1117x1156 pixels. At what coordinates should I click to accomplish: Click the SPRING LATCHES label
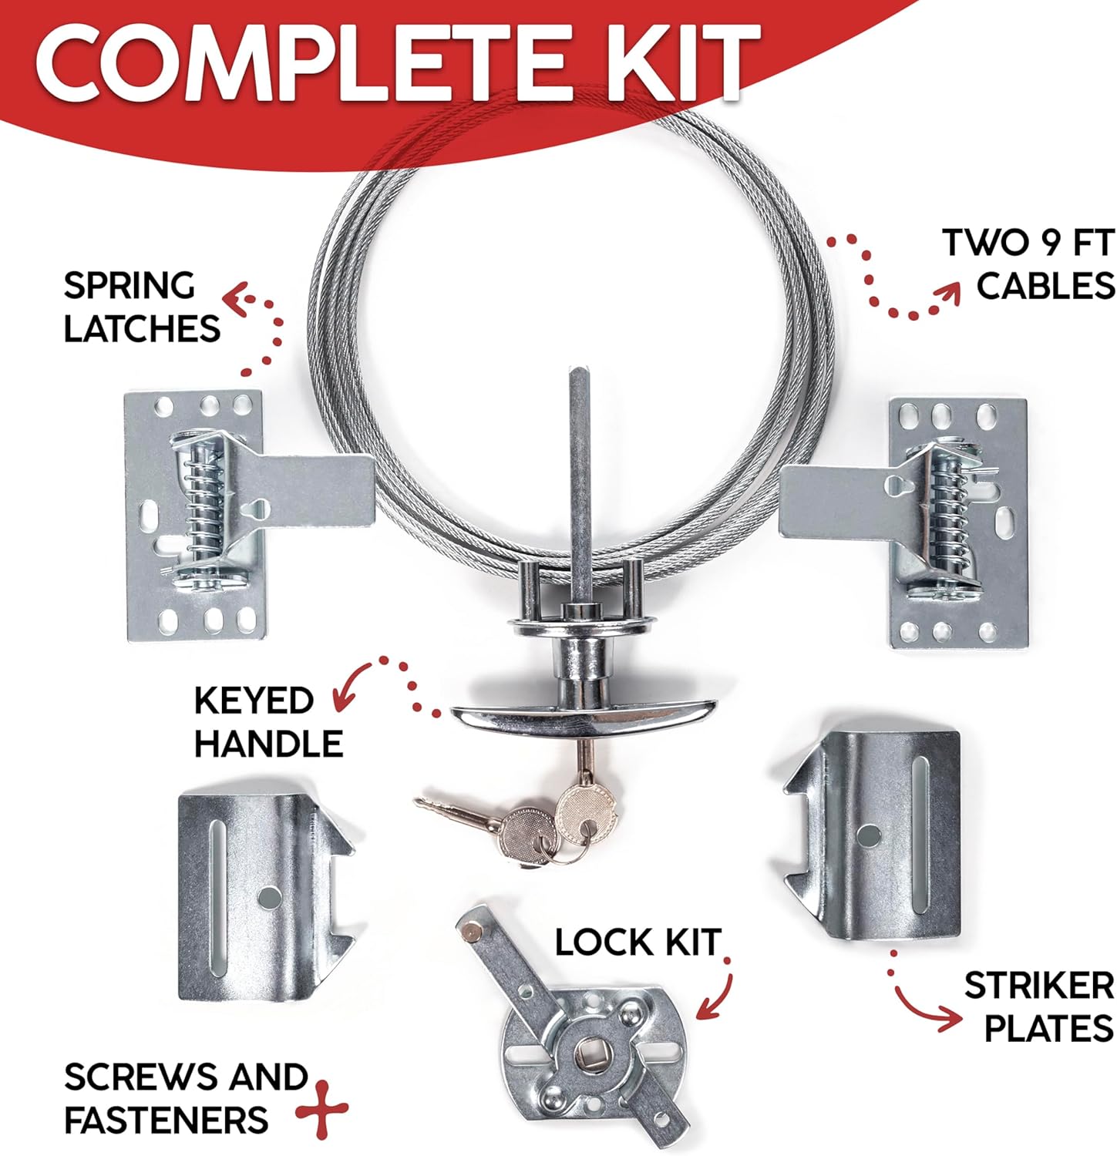coord(141,307)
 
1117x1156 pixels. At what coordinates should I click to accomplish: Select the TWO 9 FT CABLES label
coord(1028,264)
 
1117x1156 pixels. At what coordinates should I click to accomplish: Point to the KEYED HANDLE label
coord(267,722)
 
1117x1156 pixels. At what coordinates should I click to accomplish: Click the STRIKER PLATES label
coord(1038,1006)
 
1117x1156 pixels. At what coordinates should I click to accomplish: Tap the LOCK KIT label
coord(638,942)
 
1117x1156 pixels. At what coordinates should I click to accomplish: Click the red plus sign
coord(321,1109)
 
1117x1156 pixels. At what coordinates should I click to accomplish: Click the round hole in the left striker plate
coord(270,897)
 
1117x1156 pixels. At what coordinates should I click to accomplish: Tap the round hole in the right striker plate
coord(869,834)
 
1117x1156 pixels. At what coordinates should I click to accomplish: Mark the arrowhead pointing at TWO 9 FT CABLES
coord(947,292)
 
